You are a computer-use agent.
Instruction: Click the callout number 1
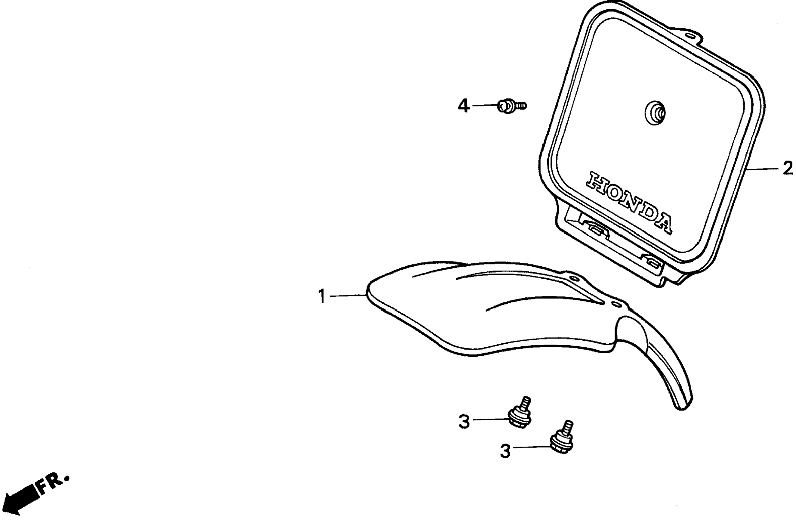coord(322,296)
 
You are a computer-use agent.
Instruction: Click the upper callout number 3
coord(464,421)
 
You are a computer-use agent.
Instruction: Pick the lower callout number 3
coord(505,450)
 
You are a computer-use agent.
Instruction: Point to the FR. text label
coord(54,482)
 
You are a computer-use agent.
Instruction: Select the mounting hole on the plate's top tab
coord(690,35)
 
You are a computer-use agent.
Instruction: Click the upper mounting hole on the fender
coord(575,278)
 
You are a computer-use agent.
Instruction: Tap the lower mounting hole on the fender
coord(616,304)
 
